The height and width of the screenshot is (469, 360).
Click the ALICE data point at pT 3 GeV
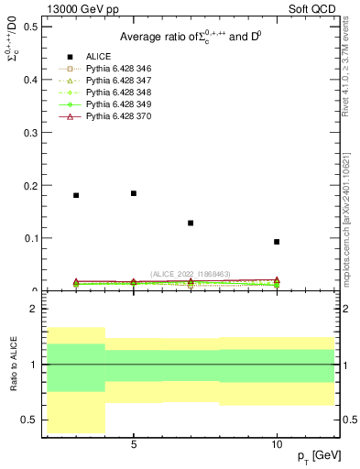pyautogui.click(x=76, y=195)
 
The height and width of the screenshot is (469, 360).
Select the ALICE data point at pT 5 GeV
pyautogui.click(x=134, y=193)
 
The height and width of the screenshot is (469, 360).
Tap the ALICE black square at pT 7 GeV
pyautogui.click(x=191, y=223)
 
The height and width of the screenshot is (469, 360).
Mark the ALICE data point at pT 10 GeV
pyautogui.click(x=277, y=242)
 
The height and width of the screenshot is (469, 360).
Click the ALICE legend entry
pyautogui.click(x=99, y=57)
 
